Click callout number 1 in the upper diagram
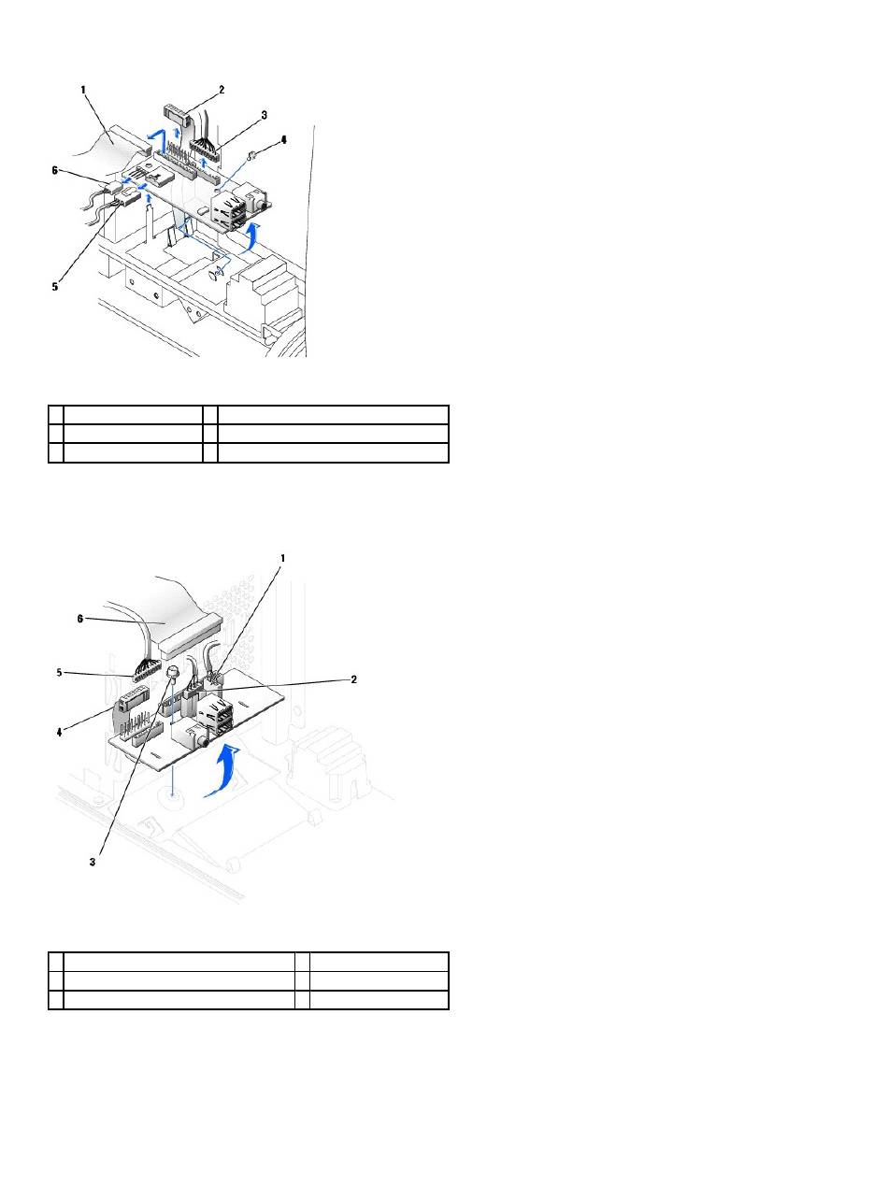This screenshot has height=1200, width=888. tap(83, 90)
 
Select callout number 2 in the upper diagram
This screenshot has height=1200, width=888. tap(222, 90)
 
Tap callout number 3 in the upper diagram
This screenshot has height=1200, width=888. tap(265, 115)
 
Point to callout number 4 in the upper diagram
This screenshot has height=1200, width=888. tap(283, 140)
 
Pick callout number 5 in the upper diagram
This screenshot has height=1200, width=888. tap(54, 286)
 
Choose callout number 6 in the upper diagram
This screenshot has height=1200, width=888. tap(54, 170)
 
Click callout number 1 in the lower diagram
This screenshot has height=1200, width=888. tap(282, 558)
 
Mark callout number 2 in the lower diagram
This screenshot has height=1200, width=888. tap(354, 679)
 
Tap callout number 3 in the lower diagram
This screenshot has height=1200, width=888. tap(93, 862)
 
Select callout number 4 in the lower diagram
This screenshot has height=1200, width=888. tap(60, 732)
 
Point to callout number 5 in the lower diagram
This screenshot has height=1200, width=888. tap(60, 673)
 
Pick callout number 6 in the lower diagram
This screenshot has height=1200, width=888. tap(80, 619)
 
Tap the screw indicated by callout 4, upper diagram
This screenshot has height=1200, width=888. tap(251, 156)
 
